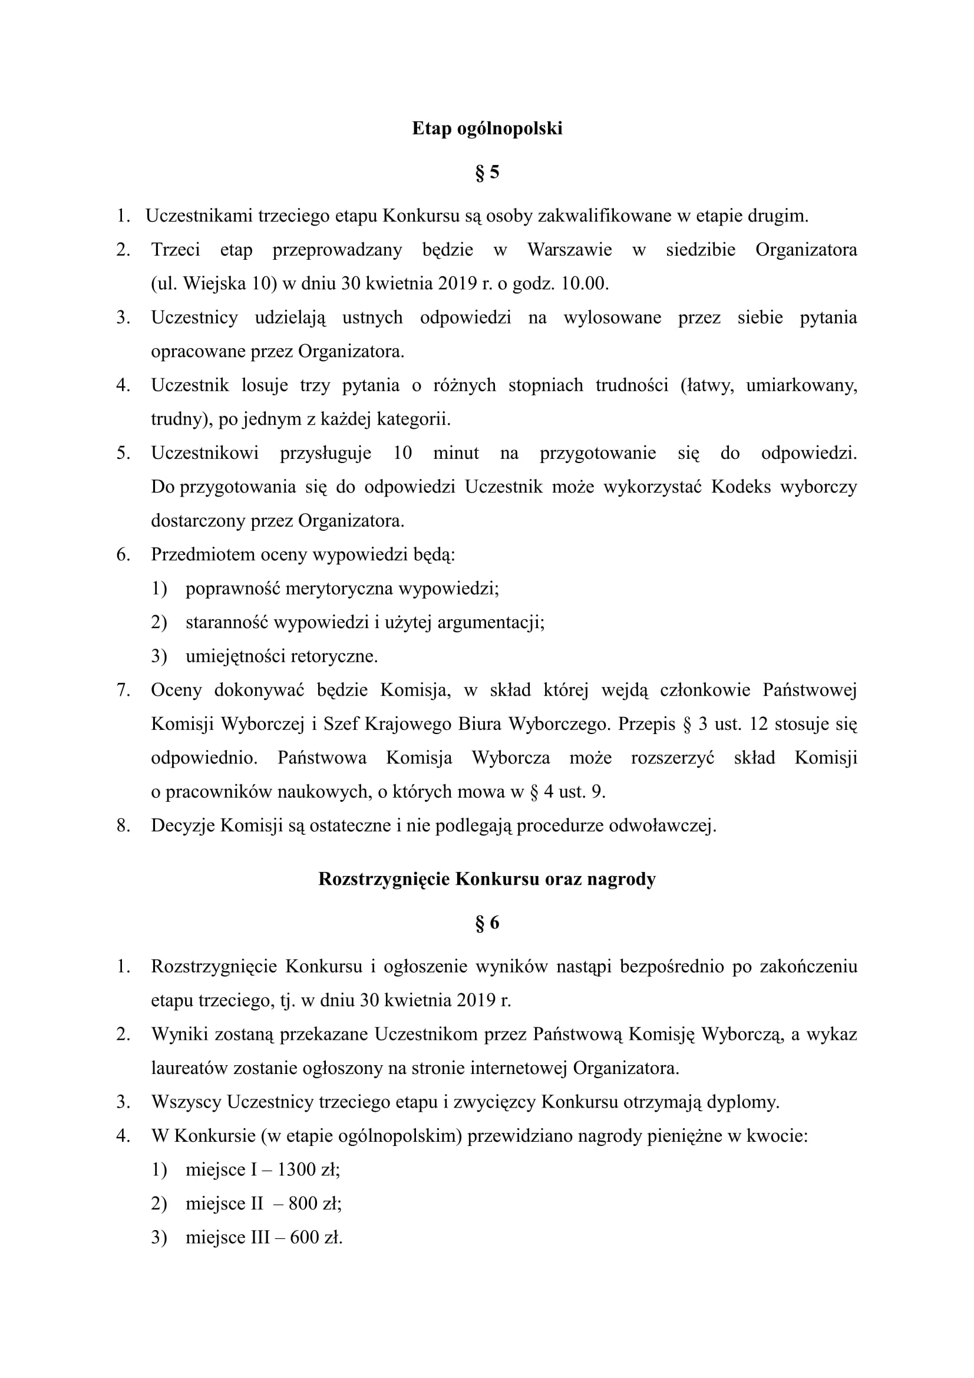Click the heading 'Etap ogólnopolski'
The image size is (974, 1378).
coord(487,128)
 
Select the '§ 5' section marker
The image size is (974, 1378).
coord(487,173)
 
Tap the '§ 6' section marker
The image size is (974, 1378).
coord(487,923)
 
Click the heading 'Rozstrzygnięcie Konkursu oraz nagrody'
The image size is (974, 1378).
coord(487,878)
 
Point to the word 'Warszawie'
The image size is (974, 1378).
coord(570,250)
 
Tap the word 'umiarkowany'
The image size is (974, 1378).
coord(800,385)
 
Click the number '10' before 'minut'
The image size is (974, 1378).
coord(402,453)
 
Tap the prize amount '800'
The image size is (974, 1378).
coord(302,1204)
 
